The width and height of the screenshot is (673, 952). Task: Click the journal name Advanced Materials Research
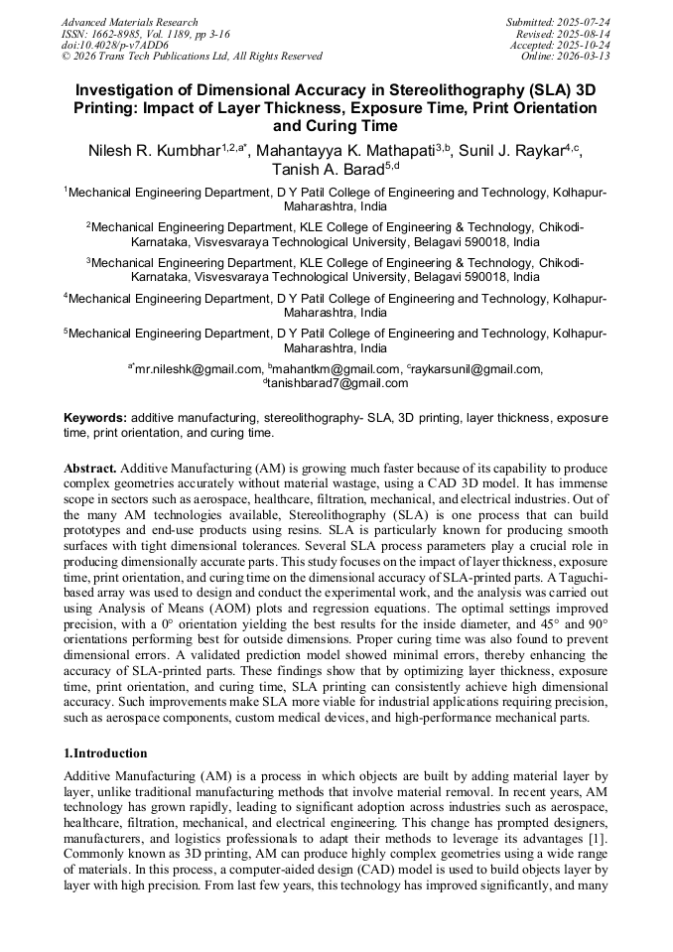click(129, 22)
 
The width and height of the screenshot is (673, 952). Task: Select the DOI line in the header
click(114, 45)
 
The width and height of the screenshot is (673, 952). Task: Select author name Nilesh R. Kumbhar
click(154, 151)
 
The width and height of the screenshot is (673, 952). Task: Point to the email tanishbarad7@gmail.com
click(337, 383)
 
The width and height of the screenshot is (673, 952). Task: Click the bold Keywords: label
click(95, 419)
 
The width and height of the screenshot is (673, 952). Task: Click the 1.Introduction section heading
click(105, 753)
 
